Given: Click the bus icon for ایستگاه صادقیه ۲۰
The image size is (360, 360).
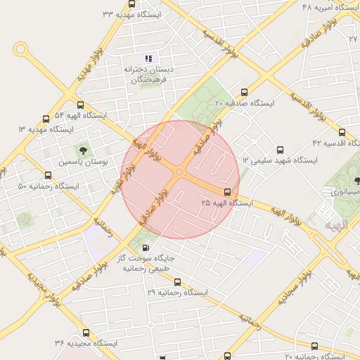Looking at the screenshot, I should pyautogui.click(x=245, y=91).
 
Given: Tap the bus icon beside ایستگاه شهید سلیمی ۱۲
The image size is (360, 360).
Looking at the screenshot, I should pyautogui.click(x=281, y=150).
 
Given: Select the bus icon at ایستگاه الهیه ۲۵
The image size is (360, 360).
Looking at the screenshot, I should pyautogui.click(x=227, y=192).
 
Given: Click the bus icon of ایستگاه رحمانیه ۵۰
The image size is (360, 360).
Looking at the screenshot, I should pyautogui.click(x=48, y=176).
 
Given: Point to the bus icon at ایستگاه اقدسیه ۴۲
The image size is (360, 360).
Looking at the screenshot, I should pyautogui.click(x=342, y=132).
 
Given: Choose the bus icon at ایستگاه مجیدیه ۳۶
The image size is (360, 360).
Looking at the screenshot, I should pyautogui.click(x=86, y=333).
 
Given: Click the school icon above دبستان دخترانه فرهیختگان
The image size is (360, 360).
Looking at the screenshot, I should pyautogui.click(x=148, y=58).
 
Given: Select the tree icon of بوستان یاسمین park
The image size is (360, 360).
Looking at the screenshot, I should pyautogui.click(x=84, y=150).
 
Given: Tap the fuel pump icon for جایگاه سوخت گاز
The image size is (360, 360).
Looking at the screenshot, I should pyautogui.click(x=146, y=247).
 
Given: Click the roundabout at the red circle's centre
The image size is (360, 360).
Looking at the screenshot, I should pyautogui.click(x=180, y=172).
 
